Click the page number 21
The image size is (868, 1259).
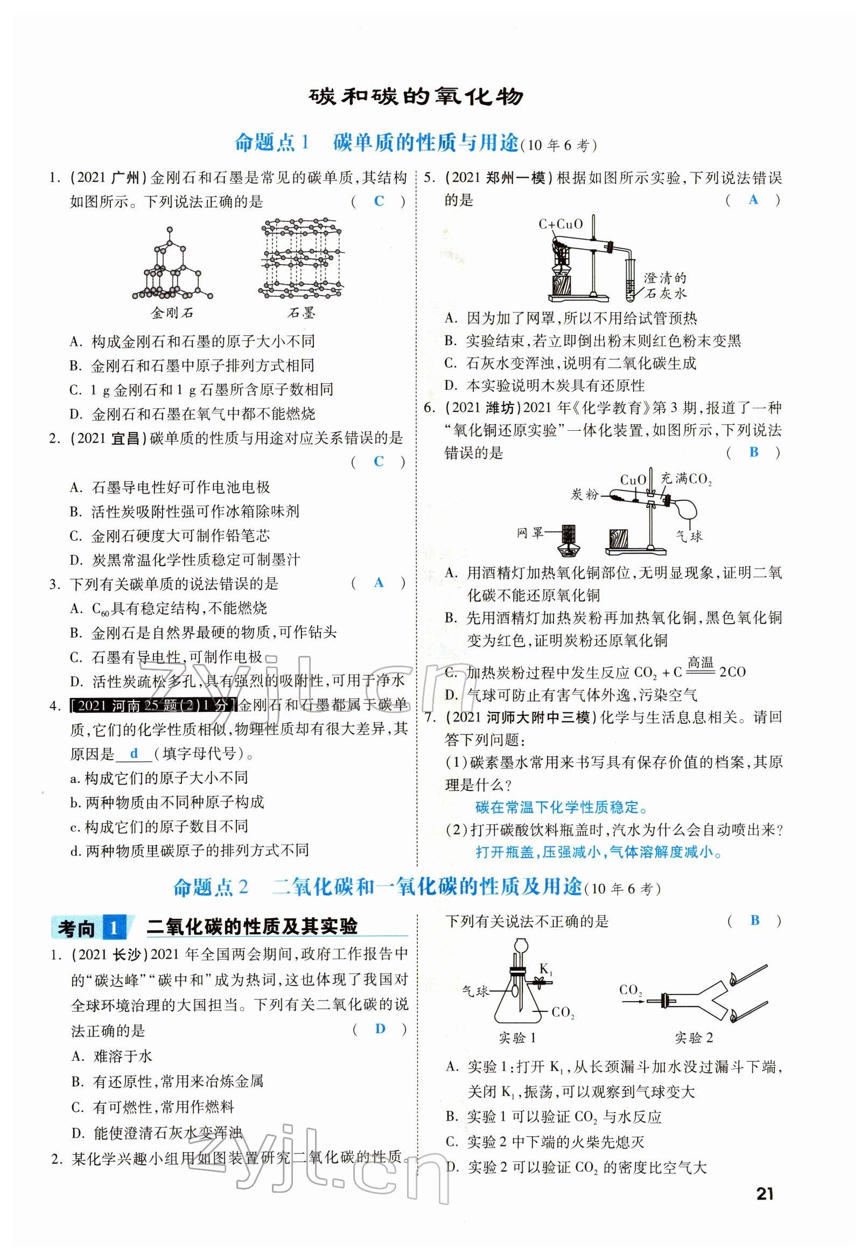click(764, 1194)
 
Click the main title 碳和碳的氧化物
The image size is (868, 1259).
click(416, 97)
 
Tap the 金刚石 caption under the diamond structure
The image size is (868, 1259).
click(172, 313)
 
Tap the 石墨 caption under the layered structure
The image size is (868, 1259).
click(302, 313)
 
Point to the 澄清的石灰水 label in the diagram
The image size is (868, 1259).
click(664, 285)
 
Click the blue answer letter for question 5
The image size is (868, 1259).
click(753, 200)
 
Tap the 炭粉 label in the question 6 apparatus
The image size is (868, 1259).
click(585, 494)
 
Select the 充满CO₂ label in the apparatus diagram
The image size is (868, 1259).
click(686, 479)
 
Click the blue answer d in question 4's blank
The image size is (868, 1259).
click(134, 753)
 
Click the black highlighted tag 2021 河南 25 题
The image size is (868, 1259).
click(154, 706)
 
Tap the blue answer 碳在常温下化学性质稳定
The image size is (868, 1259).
click(561, 808)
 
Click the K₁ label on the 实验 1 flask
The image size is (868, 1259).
click(545, 968)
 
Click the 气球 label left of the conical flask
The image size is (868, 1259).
click(475, 991)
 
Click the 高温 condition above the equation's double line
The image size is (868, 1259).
click(700, 662)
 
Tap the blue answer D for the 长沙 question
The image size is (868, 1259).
click(380, 1029)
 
